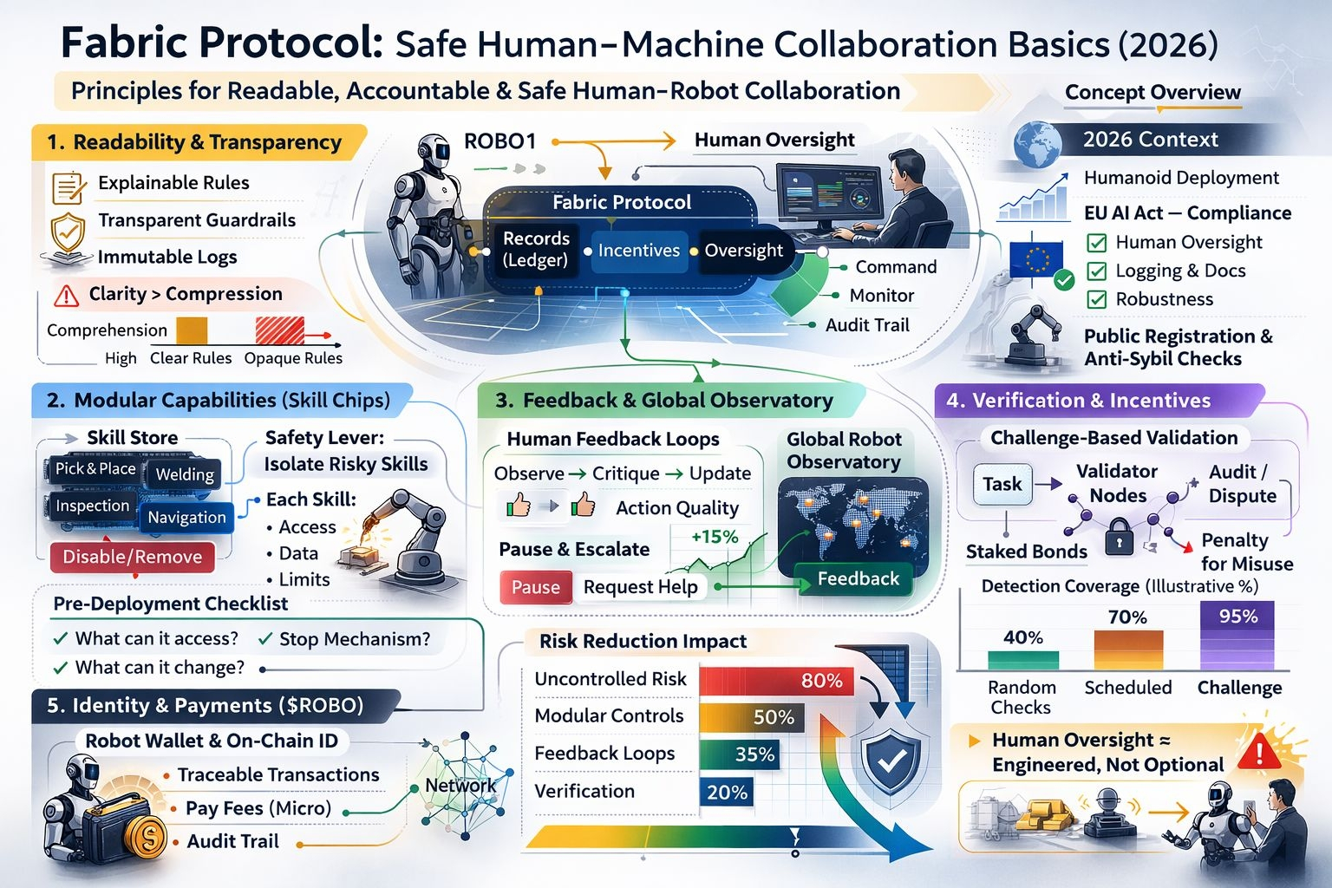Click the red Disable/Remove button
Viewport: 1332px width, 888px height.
point(132,557)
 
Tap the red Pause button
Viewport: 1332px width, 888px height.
point(535,587)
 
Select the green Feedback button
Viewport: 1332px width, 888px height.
point(857,579)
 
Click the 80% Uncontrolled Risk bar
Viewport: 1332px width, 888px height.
point(776,681)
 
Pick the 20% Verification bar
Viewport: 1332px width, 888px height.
point(726,792)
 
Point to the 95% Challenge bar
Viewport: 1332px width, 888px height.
point(1237,635)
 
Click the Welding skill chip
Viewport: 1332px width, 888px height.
point(185,474)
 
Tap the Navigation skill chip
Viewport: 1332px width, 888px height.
point(186,518)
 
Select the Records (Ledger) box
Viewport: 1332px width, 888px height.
point(536,250)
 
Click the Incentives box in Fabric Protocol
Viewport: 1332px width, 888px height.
point(638,251)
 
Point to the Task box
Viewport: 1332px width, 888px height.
point(1002,484)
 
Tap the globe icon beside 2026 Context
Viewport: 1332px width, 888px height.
point(1037,143)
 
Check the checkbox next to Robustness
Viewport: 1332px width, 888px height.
point(1096,299)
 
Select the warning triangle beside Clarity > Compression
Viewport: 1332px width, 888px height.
point(66,297)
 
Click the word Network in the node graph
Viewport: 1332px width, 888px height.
point(460,786)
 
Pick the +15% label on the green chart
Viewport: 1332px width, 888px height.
point(715,537)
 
